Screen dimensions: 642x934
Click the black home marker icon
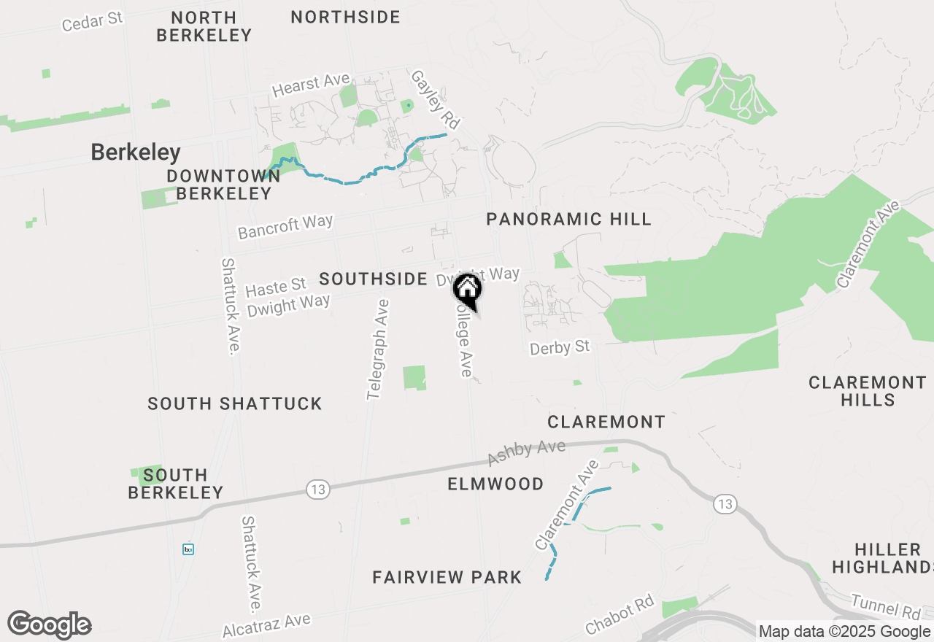coord(468,290)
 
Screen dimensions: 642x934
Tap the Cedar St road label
coord(92,21)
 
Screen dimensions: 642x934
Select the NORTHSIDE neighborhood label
coord(345,17)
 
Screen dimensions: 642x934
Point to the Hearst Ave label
coord(311,85)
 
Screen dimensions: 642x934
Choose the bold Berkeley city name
coord(136,152)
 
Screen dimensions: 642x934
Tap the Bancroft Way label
coord(285,226)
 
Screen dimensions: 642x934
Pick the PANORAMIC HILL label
coord(568,219)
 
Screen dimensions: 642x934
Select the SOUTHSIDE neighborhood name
coord(373,279)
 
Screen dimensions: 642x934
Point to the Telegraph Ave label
coord(378,349)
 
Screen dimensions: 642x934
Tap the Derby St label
coord(560,348)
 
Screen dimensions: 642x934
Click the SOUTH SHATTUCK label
coord(234,403)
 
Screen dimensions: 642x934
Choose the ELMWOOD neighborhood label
coord(495,484)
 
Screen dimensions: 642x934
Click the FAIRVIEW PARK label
coord(447,577)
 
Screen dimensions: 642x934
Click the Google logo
coord(49,625)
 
